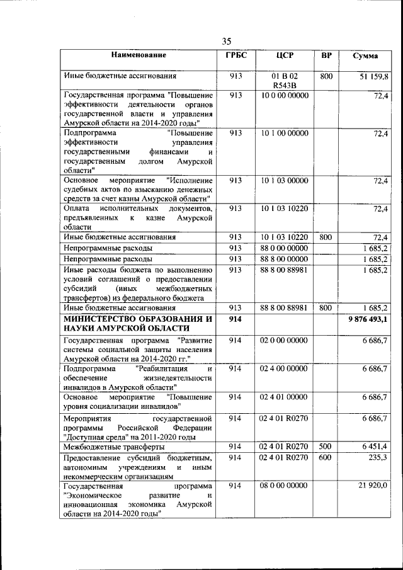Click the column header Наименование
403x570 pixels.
click(x=139, y=55)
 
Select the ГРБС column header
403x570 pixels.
click(x=236, y=55)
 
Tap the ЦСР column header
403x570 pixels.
click(x=285, y=55)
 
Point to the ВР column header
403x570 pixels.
click(x=326, y=55)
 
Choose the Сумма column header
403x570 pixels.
click(x=365, y=56)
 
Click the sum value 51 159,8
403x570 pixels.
click(x=374, y=76)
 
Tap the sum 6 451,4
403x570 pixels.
click(x=376, y=447)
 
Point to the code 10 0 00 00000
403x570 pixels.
click(x=285, y=95)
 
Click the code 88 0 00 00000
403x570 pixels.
click(x=285, y=248)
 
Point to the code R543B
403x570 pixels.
click(x=285, y=86)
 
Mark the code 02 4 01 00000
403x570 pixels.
click(x=285, y=397)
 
